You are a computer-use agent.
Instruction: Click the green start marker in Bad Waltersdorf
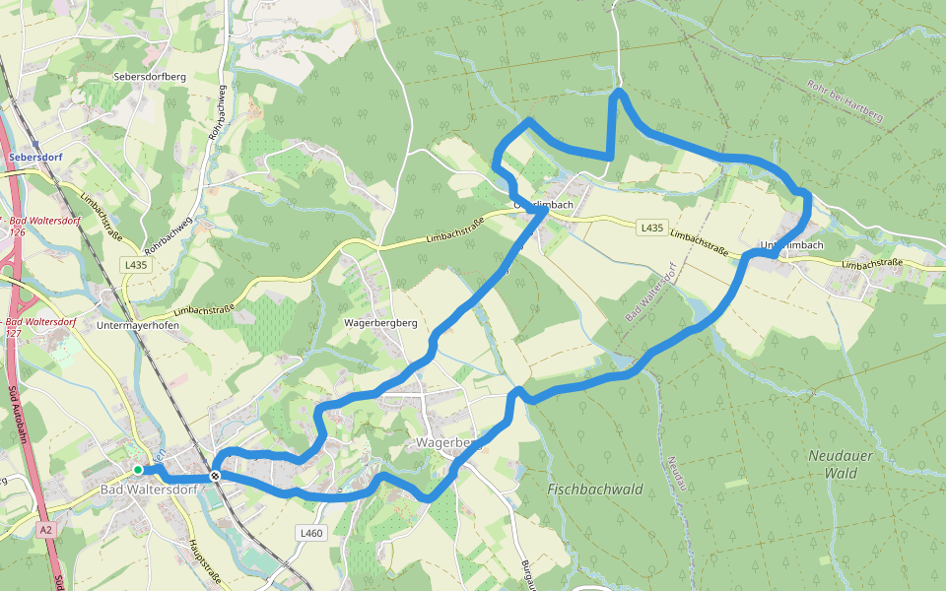(138, 470)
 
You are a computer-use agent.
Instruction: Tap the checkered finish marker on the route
(215, 477)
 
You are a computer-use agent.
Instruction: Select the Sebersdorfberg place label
(150, 77)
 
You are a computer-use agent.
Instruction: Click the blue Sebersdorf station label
(34, 157)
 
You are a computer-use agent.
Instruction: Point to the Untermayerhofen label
(141, 324)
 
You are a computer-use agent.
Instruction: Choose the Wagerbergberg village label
(381, 323)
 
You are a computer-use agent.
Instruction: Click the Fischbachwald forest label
(594, 489)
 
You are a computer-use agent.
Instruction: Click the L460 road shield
(310, 533)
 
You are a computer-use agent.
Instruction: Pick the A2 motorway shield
(46, 530)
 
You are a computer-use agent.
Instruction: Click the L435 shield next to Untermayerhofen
(136, 265)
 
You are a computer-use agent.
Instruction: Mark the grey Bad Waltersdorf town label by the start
(148, 489)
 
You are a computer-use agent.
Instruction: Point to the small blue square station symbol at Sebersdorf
(35, 144)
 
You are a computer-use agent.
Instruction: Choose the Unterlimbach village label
(791, 244)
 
